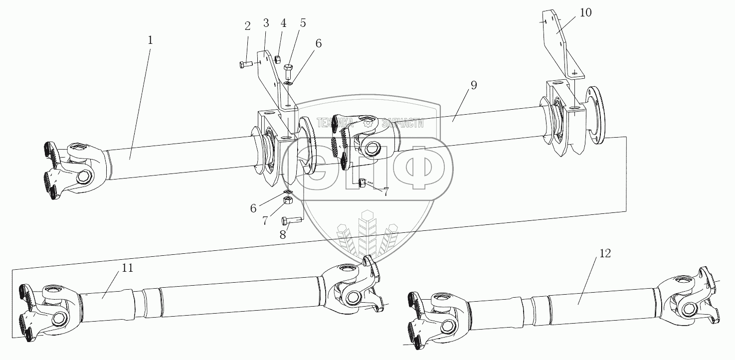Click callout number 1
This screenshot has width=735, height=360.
[x=150, y=40]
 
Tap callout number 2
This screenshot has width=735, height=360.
[x=248, y=26]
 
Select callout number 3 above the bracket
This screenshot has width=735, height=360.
[x=266, y=24]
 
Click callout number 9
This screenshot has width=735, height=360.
[x=473, y=85]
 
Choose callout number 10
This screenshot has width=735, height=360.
[x=585, y=12]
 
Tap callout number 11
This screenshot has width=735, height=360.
[x=128, y=268]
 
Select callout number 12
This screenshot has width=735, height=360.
[x=604, y=253]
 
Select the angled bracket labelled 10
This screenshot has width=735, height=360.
[x=561, y=45]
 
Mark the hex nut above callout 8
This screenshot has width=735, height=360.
[x=288, y=200]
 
